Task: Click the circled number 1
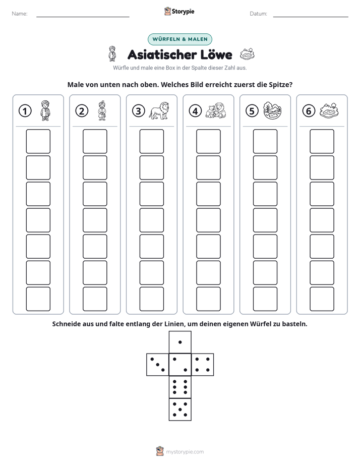point(25,111)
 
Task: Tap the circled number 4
point(195,111)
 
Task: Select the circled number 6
point(309,111)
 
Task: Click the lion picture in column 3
point(159,110)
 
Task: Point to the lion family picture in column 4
point(216,110)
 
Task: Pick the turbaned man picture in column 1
point(45,110)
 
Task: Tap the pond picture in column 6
point(329,110)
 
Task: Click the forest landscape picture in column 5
point(272,110)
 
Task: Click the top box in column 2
point(95,141)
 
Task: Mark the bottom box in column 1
point(38,299)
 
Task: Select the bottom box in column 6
point(322,299)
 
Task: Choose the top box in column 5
point(265,141)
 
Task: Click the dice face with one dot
point(180,342)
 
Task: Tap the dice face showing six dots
point(180,387)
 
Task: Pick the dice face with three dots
point(158,364)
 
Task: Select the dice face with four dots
point(203,364)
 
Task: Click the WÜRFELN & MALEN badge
point(180,39)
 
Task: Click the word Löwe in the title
point(216,54)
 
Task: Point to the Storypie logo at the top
point(179,11)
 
